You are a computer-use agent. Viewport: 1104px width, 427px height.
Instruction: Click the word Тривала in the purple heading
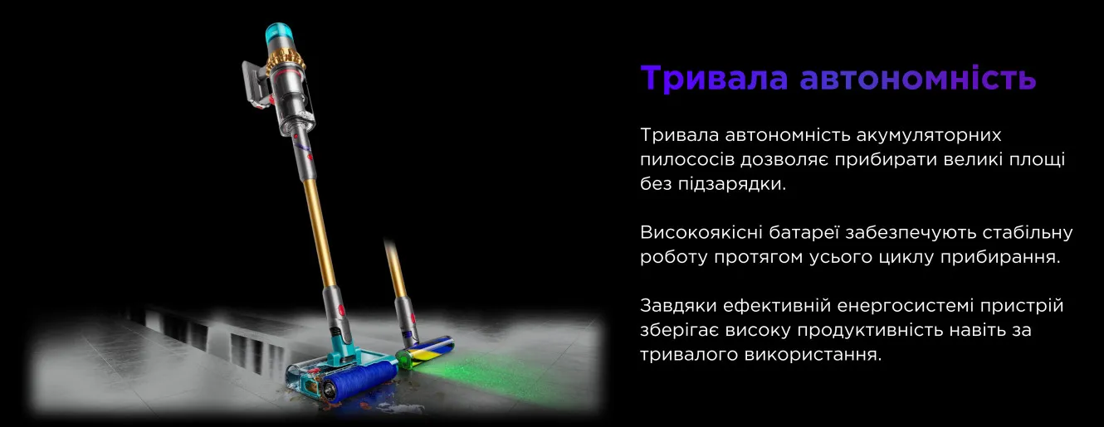(x=714, y=77)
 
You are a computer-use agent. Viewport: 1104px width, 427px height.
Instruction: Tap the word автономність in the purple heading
(x=918, y=77)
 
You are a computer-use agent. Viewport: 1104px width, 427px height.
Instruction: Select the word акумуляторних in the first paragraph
(x=929, y=135)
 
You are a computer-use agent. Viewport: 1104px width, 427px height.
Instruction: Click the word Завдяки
(x=678, y=306)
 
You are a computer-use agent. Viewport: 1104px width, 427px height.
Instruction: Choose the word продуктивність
(x=867, y=331)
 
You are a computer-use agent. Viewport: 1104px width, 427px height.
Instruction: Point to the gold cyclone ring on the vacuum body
(x=286, y=61)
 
